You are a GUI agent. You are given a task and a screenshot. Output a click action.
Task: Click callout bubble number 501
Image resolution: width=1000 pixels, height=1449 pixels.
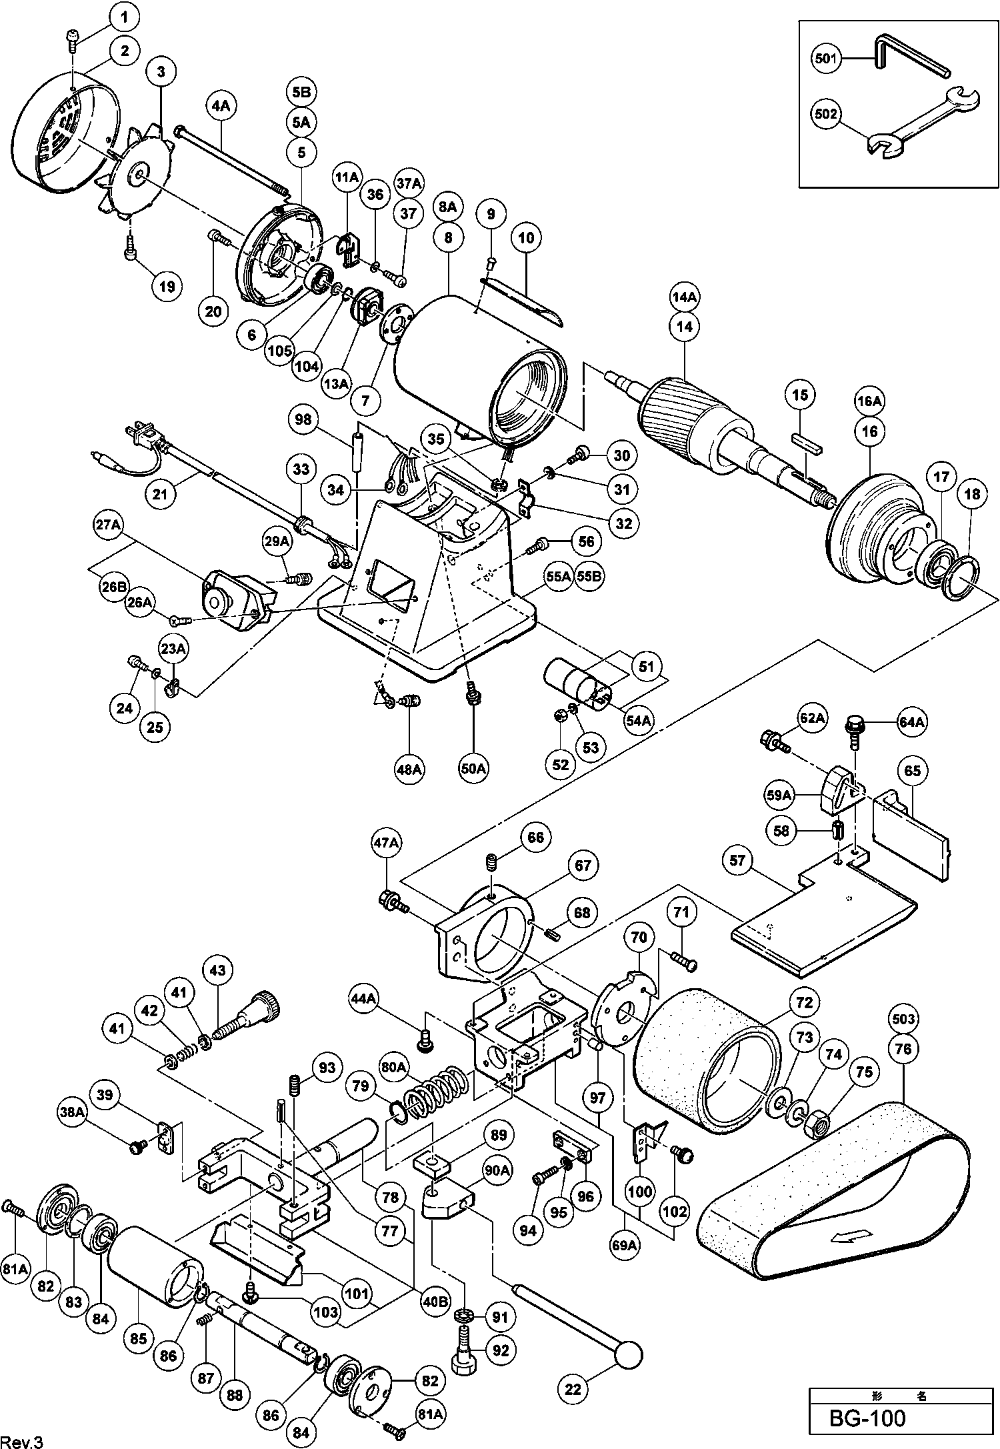pos(825,59)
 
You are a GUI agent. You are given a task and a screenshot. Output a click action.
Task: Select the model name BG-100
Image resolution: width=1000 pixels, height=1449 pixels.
pos(867,1417)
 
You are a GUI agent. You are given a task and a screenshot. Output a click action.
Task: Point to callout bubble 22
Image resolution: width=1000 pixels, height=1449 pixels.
pos(573,1389)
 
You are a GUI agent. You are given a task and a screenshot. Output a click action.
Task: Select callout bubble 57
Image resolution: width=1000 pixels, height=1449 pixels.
pos(736,861)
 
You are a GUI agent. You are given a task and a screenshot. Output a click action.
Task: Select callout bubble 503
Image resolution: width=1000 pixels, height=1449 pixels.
pos(903,1020)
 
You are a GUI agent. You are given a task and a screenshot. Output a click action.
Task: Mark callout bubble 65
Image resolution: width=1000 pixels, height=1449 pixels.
pos(913,771)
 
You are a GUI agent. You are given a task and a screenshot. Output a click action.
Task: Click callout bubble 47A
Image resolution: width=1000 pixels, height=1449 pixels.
pos(386,844)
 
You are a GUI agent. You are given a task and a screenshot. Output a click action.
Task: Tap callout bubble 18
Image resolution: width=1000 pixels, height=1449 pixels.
pos(973,494)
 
